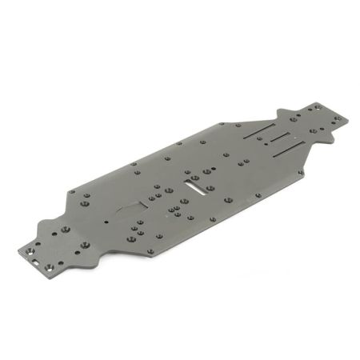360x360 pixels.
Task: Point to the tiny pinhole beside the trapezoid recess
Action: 107,218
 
